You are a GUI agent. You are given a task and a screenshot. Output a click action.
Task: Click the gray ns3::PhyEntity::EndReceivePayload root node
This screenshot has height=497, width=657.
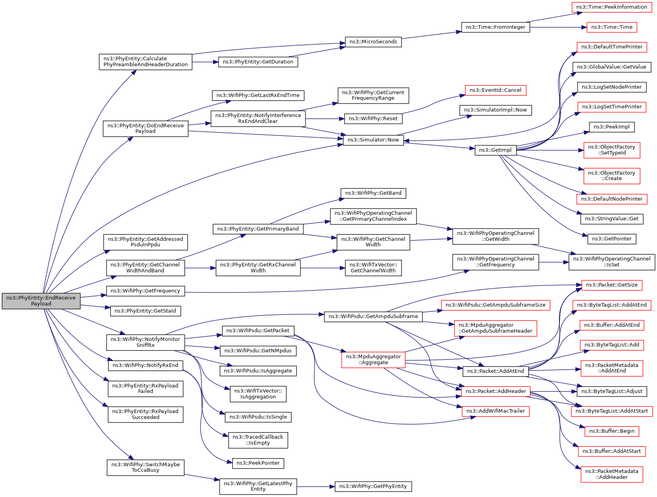41,301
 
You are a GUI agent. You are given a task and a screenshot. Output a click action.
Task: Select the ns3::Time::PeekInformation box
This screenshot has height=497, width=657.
611,7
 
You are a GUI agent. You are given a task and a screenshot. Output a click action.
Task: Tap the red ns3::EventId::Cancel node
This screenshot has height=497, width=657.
495,90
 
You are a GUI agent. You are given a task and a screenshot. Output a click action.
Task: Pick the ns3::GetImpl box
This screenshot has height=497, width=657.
495,150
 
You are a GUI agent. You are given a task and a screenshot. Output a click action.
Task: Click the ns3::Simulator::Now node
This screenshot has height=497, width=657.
373,140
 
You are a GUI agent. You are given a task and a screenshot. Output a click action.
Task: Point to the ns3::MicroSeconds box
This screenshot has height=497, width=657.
373,42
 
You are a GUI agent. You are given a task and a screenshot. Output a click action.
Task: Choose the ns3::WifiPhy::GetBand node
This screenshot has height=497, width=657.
373,193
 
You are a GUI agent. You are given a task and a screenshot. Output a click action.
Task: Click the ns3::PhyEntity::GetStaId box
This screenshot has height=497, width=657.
145,311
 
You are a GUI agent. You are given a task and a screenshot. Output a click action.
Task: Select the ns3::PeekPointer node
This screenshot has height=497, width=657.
258,463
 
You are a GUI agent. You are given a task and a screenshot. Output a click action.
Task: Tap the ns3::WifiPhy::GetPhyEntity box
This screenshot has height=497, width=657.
373,486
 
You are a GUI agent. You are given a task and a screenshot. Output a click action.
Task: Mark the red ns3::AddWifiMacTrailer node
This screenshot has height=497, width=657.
496,411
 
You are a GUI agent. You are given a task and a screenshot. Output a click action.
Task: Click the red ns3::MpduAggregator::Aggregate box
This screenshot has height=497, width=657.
373,359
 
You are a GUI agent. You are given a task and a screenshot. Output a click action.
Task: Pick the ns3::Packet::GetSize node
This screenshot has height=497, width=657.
612,285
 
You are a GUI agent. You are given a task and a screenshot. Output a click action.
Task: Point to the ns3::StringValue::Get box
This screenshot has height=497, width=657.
611,219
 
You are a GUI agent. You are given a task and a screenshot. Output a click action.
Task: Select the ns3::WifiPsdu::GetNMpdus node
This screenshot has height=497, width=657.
258,351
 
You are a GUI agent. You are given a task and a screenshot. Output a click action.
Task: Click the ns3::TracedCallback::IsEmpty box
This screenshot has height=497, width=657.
258,440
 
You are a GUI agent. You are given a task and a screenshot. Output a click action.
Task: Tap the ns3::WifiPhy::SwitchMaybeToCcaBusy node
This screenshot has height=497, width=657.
145,467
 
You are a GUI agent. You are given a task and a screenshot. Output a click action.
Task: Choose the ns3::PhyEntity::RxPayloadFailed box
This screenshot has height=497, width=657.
145,389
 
